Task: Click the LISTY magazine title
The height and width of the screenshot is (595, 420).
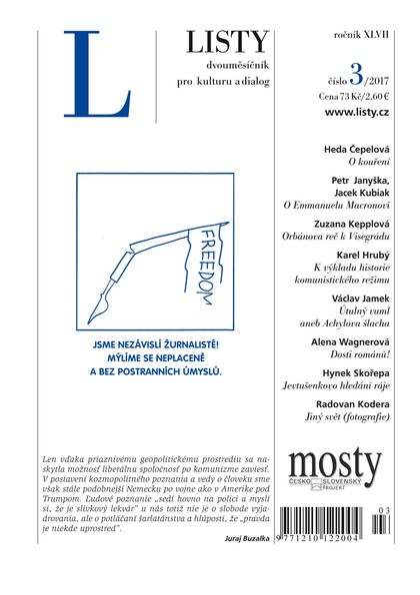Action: coord(228,42)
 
